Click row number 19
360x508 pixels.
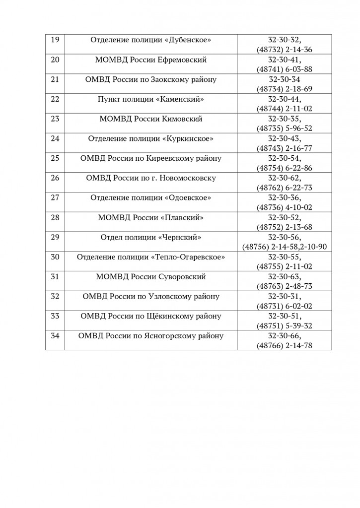coord(55,40)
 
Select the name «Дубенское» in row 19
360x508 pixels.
coord(187,40)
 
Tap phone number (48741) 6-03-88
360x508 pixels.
coord(285,69)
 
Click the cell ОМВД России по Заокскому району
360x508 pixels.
coord(151,79)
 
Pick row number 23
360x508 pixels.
coord(55,119)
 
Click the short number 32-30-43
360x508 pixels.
coord(285,138)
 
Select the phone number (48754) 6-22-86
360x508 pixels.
coord(285,168)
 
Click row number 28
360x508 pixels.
coord(55,218)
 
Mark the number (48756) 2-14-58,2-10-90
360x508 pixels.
coord(285,247)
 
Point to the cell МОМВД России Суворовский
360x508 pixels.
coord(151,277)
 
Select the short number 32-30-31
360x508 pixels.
coord(285,297)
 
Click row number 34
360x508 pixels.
coord(55,336)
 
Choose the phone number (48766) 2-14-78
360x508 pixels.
coord(285,346)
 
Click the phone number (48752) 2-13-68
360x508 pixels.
coord(285,227)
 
